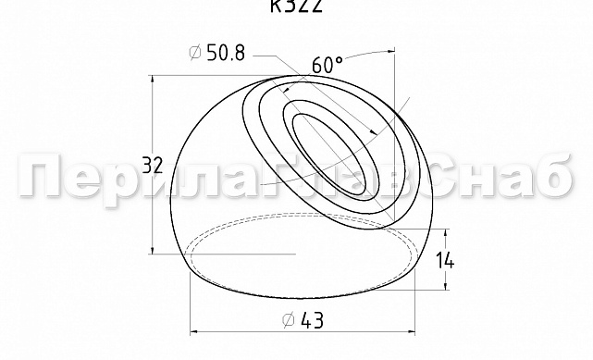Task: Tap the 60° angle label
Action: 327,66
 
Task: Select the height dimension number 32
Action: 154,167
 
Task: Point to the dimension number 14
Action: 446,260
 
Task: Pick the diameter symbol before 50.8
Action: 196,54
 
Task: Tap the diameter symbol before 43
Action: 288,320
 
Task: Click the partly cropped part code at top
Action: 295,6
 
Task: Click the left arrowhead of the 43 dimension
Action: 194,331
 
